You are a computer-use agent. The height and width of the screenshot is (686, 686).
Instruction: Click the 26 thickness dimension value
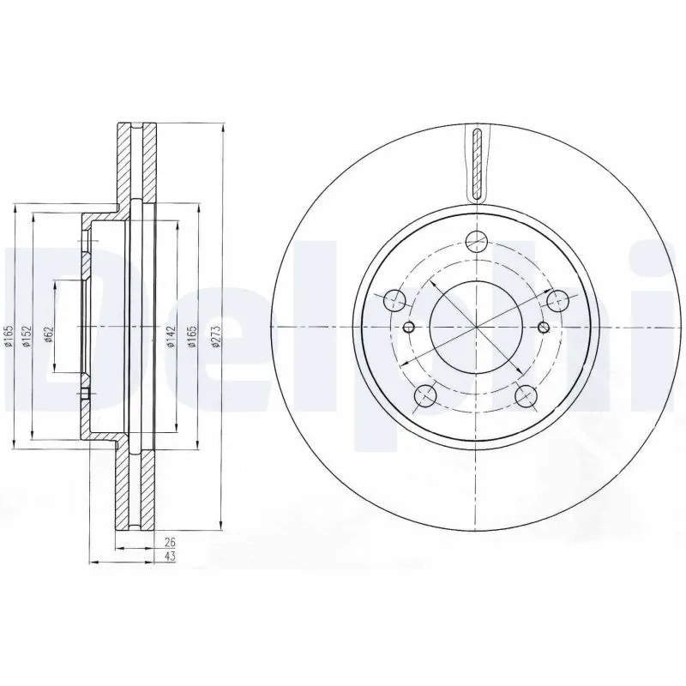point(169,542)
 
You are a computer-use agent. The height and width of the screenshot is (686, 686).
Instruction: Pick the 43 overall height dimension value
point(169,557)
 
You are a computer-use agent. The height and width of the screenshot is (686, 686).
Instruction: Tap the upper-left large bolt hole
point(394,300)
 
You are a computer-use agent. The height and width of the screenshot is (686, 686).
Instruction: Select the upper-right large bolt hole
point(559,300)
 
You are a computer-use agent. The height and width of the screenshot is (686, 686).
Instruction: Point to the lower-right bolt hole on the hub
point(527,395)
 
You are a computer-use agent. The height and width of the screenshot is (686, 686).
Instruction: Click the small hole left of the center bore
point(408,327)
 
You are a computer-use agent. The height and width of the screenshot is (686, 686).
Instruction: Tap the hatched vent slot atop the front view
point(478,163)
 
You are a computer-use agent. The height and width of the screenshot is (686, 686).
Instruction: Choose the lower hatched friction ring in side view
point(135,489)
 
